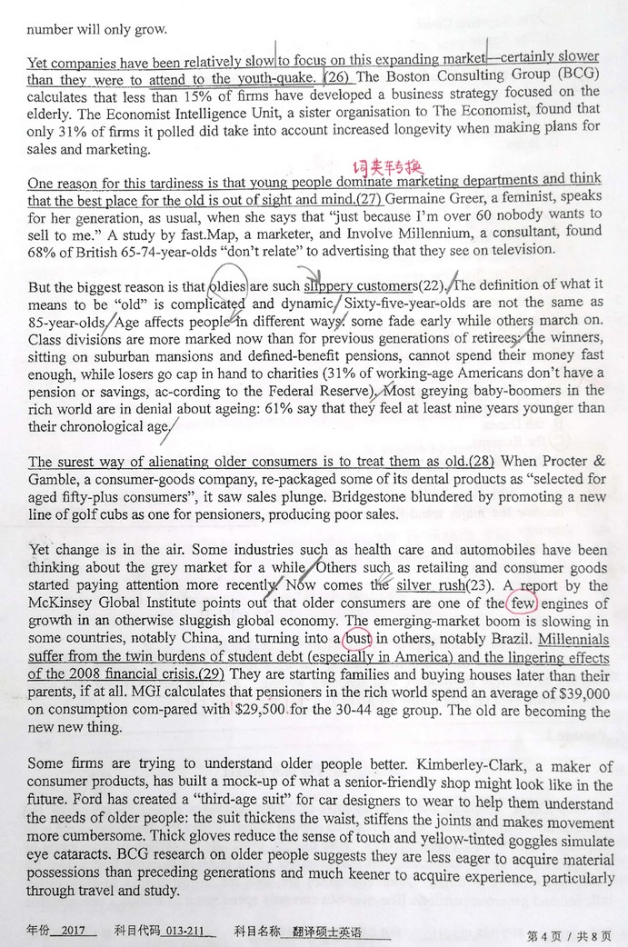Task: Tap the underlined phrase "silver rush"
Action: (431, 586)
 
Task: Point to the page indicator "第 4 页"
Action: (546, 932)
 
